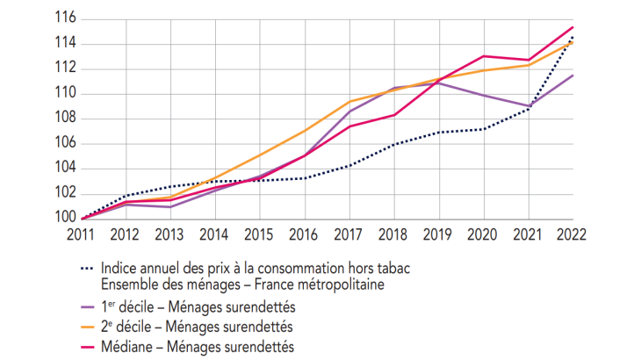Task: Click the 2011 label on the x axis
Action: (x=82, y=235)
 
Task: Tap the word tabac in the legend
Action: (x=393, y=269)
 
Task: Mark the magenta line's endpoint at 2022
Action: (x=573, y=27)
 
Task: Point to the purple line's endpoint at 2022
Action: (x=573, y=76)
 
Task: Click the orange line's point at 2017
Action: (x=349, y=101)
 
